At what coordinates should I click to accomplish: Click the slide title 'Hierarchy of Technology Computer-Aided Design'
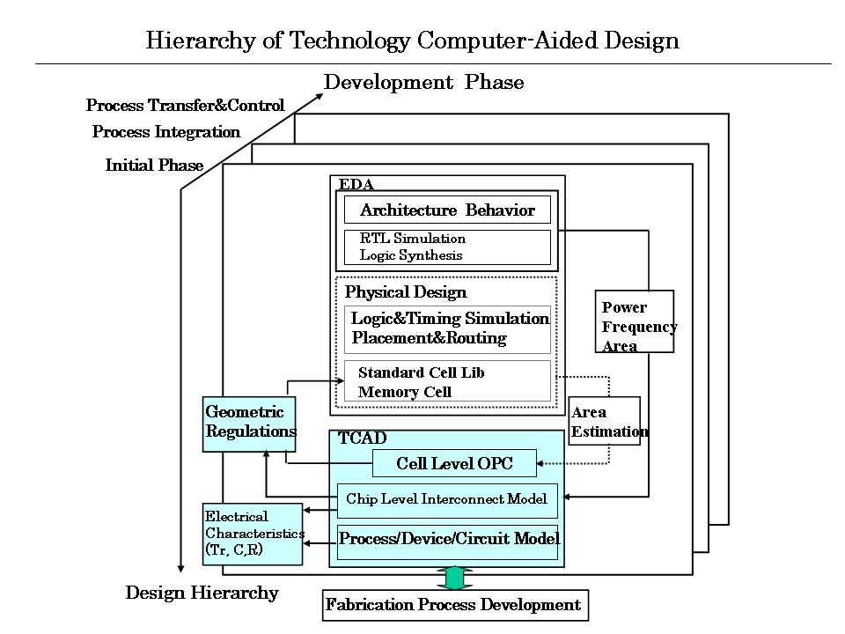[x=412, y=41]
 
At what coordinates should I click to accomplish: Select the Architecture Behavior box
[x=447, y=210]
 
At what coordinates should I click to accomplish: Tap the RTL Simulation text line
[x=413, y=239]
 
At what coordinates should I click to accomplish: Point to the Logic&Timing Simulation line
[x=449, y=320]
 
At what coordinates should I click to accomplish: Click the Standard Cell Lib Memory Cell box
[x=447, y=381]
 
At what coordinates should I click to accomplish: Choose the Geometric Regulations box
[x=249, y=423]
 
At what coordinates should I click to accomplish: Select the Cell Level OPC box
[x=453, y=463]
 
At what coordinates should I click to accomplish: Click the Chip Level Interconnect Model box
[x=447, y=499]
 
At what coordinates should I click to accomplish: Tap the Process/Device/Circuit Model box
[x=449, y=538]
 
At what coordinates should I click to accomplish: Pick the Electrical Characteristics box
[x=253, y=534]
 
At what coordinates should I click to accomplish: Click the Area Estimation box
[x=604, y=422]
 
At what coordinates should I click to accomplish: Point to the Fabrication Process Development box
[x=453, y=605]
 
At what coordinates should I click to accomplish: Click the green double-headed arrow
[x=454, y=578]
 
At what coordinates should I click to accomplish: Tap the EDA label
[x=356, y=184]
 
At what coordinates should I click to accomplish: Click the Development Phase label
[x=423, y=83]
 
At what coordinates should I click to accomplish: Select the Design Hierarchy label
[x=202, y=593]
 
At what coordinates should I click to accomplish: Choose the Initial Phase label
[x=154, y=166]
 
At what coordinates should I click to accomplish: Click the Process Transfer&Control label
[x=185, y=106]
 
